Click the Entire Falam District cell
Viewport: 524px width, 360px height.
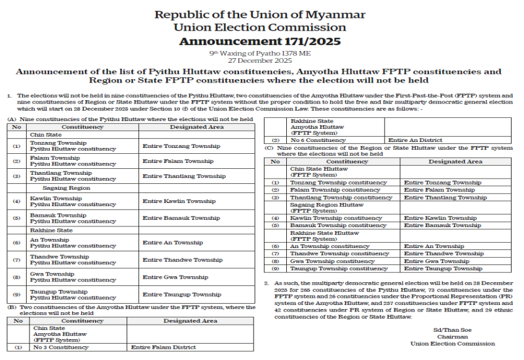coord(160,347)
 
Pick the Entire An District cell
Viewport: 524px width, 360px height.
coord(415,140)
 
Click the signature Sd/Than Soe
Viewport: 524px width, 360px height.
coord(452,330)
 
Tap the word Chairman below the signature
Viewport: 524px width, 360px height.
coord(452,336)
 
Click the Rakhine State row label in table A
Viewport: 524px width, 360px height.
coord(53,230)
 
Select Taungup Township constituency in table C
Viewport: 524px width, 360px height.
coord(339,268)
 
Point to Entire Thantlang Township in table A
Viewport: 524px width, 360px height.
coord(183,176)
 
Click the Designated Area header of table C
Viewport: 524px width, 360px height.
coord(455,161)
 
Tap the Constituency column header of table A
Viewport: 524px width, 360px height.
coord(82,127)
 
